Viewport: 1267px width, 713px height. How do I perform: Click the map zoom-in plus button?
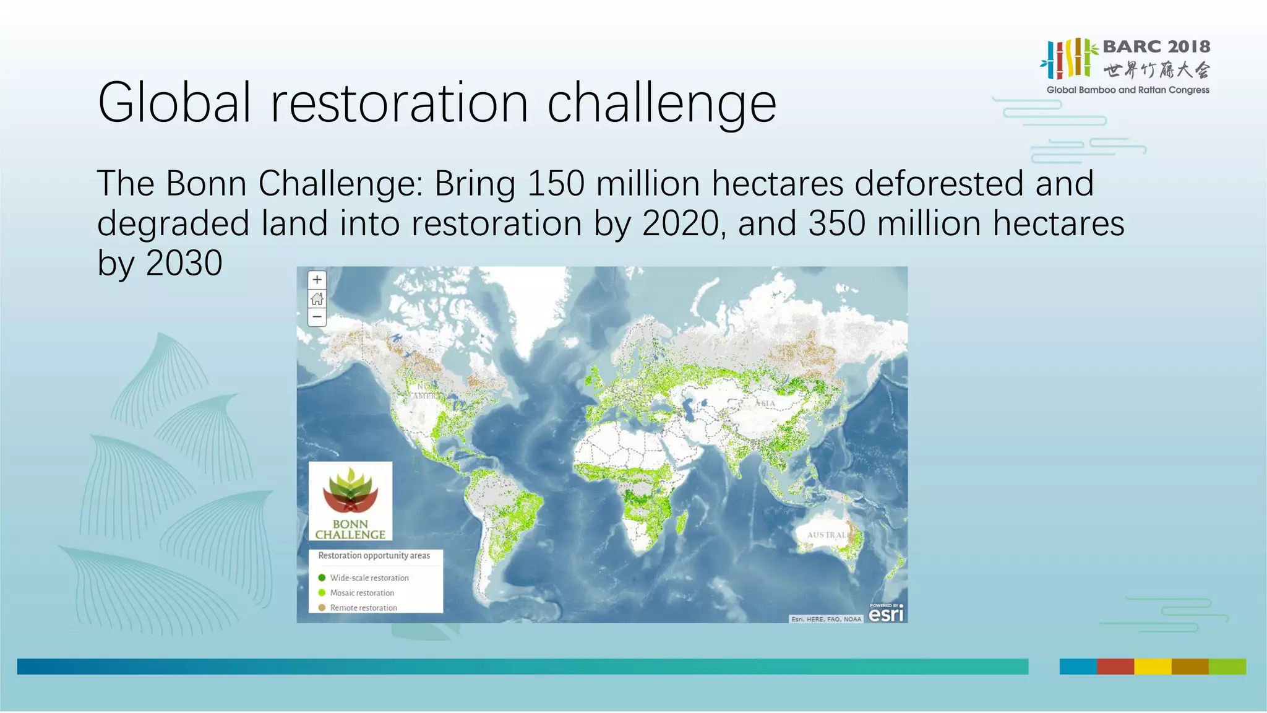tap(317, 280)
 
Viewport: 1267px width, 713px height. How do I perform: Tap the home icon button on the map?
tap(317, 299)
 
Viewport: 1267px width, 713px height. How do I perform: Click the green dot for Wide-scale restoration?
tap(322, 578)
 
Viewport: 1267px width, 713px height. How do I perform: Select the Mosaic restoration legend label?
tap(362, 593)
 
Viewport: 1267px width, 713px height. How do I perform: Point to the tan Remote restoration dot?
tap(322, 608)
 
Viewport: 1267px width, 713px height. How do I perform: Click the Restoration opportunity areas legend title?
tap(374, 556)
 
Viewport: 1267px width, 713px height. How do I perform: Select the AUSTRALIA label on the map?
tap(828, 535)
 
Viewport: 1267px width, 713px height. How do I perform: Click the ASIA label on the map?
tap(765, 404)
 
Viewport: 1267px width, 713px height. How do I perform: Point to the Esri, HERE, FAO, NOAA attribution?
tap(826, 619)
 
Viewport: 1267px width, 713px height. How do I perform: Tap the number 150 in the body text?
tap(556, 184)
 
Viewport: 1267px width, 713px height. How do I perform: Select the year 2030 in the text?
tap(184, 263)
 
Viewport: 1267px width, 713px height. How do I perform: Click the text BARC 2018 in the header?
tap(1156, 47)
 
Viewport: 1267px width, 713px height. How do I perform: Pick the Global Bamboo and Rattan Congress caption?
tap(1127, 90)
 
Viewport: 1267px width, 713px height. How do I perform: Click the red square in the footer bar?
tap(1115, 667)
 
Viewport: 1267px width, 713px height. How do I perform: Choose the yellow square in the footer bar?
tap(1152, 667)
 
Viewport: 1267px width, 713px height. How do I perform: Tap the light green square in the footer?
tap(1227, 667)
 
